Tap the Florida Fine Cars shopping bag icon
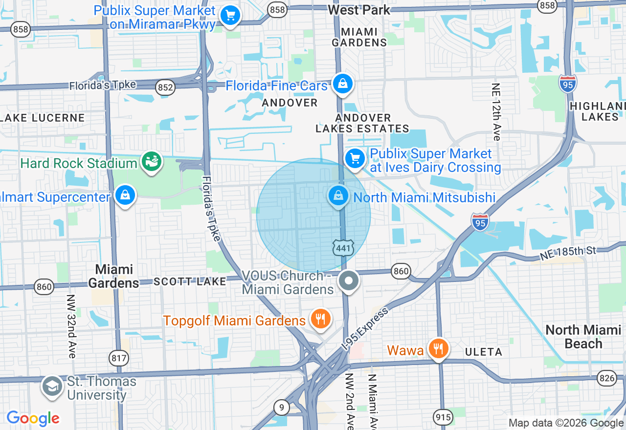(x=343, y=84)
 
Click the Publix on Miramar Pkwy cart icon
(x=230, y=15)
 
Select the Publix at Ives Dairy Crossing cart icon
(x=355, y=158)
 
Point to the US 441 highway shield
(x=343, y=248)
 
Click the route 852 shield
(x=165, y=87)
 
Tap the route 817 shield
(x=119, y=358)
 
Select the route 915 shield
(x=442, y=417)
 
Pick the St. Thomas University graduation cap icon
(x=52, y=386)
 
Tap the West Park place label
(x=359, y=10)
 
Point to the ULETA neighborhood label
(x=484, y=352)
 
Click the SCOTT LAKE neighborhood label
(x=190, y=281)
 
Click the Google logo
(x=33, y=418)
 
